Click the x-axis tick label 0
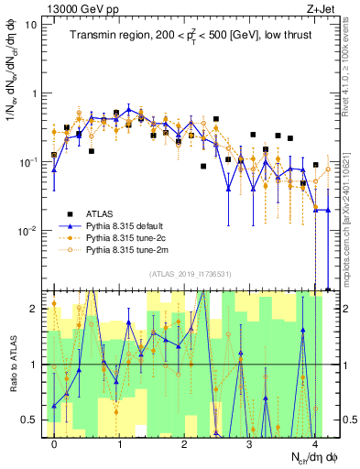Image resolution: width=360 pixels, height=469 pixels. [x=55, y=443]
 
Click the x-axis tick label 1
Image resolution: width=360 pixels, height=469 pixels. [x=120, y=443]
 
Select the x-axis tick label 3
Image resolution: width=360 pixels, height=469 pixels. [x=250, y=443]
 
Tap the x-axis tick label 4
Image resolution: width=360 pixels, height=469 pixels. [x=314, y=443]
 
